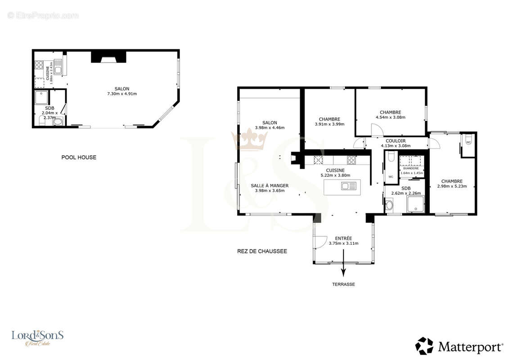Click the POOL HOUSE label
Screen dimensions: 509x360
coord(79,157)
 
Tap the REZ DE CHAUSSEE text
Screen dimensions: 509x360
coord(262,251)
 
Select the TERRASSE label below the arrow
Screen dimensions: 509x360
coord(343,284)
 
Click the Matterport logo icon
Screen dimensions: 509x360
coord(424,346)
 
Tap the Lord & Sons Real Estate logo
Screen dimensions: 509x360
coord(37,338)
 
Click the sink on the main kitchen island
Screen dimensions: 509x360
coord(349,186)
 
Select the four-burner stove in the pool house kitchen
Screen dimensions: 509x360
coord(39,65)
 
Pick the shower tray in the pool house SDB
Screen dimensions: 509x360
coord(41,97)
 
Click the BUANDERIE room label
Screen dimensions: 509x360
coord(411,168)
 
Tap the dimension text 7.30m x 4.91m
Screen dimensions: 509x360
coord(122,94)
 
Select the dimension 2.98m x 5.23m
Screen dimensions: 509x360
coord(452,186)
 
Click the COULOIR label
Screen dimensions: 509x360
coord(396,141)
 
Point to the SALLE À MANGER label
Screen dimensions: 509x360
coord(270,186)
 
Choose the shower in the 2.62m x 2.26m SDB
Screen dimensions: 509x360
coord(415,204)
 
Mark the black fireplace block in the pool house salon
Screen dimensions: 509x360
coord(108,57)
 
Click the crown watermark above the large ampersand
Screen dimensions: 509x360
coord(249,139)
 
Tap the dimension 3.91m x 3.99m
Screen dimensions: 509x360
coord(329,124)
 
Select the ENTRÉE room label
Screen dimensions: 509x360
coord(343,238)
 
